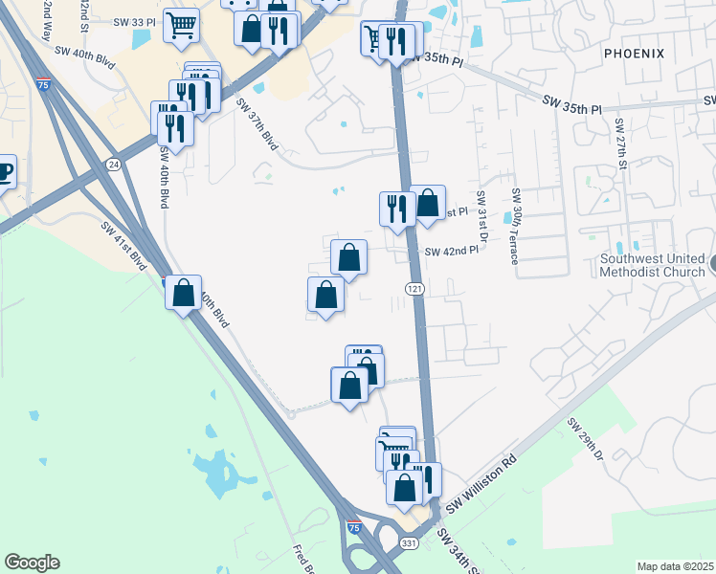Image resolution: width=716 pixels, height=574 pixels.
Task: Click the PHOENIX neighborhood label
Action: (x=633, y=54)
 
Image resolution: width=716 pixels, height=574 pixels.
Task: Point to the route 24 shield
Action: (x=114, y=164)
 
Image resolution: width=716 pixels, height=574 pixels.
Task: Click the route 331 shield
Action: (x=408, y=542)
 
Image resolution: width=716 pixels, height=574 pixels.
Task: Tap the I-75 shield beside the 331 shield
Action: (x=354, y=527)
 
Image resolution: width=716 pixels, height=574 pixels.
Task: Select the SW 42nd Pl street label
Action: (x=451, y=251)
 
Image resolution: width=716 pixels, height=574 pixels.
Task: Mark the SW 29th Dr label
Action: (x=586, y=440)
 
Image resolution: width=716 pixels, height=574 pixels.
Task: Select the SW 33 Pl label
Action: (x=133, y=21)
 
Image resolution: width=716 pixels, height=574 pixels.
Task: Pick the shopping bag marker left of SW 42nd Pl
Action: (x=349, y=256)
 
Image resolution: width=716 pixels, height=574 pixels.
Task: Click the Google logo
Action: (x=32, y=563)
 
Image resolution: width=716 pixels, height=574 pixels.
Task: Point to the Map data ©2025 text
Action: (x=675, y=566)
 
